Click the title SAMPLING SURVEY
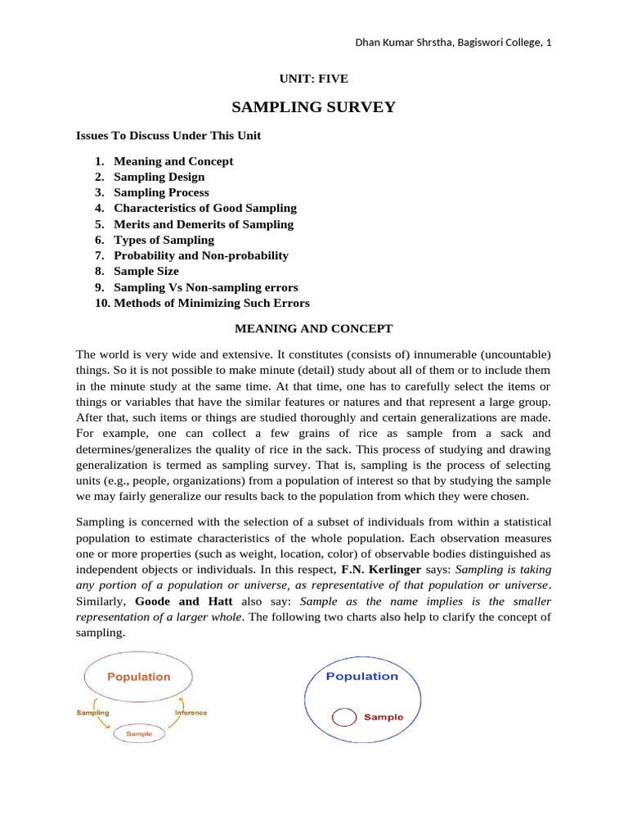(x=313, y=107)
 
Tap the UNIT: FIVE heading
(x=314, y=79)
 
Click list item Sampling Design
(x=159, y=177)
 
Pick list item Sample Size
(x=146, y=271)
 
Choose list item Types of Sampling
(x=164, y=240)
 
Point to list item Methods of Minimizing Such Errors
(x=212, y=303)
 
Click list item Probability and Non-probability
(x=201, y=255)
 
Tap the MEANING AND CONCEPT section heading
(x=314, y=329)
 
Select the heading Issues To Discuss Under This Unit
(x=168, y=136)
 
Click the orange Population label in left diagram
(x=139, y=677)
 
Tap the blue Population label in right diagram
(x=362, y=676)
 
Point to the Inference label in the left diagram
(x=191, y=713)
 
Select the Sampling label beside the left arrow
(x=93, y=713)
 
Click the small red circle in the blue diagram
(x=344, y=717)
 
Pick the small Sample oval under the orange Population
(x=138, y=734)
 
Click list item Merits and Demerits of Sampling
(x=204, y=224)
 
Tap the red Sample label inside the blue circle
(x=384, y=717)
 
